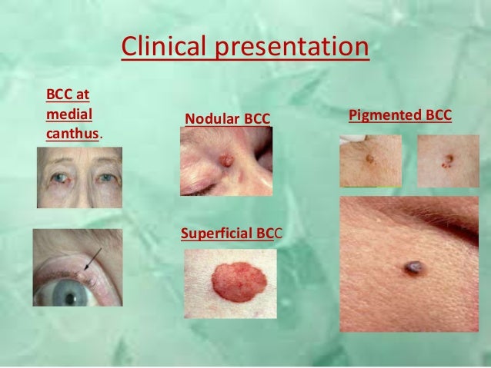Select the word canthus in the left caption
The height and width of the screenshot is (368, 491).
click(x=74, y=134)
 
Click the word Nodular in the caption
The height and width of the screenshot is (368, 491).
click(x=212, y=119)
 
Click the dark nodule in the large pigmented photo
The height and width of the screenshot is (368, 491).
click(x=413, y=267)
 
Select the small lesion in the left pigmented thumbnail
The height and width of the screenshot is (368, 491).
click(x=370, y=159)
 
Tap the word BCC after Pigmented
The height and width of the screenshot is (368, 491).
click(x=436, y=116)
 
